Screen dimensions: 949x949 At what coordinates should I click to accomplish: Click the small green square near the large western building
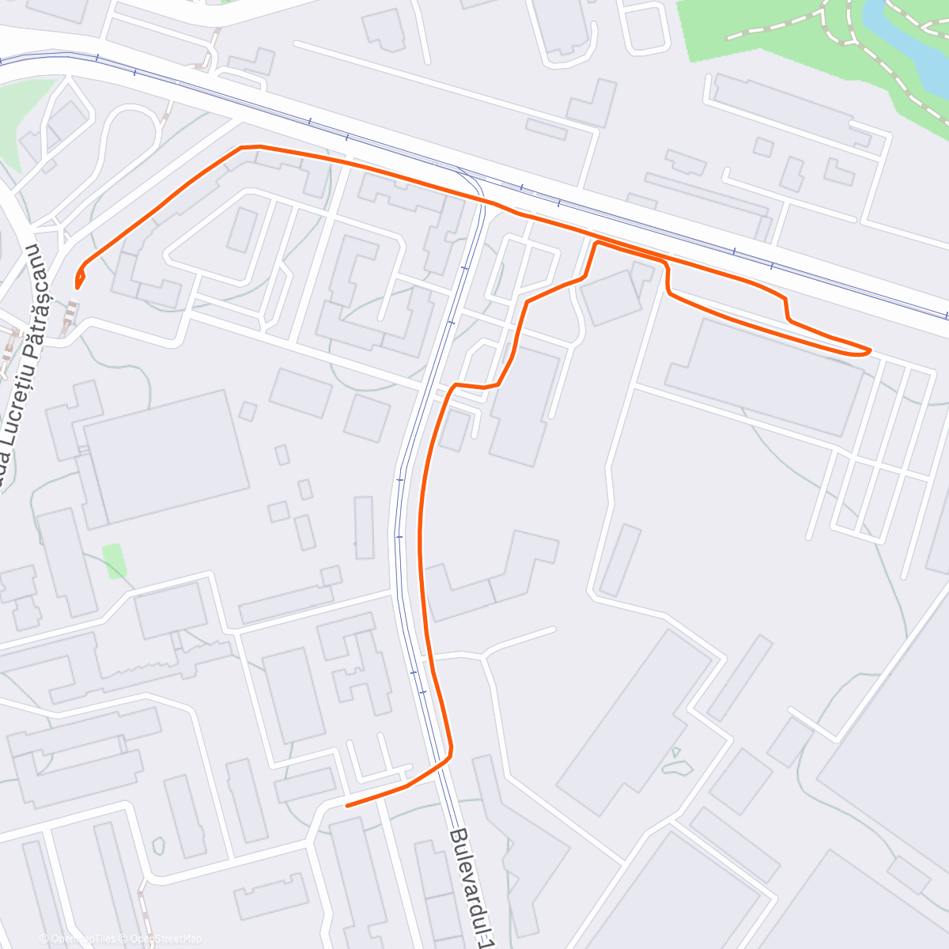[113, 560]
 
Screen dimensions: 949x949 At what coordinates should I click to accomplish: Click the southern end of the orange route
[348, 805]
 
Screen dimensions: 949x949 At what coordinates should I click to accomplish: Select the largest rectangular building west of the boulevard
[166, 457]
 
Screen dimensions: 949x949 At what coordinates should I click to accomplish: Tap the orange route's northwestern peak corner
[241, 147]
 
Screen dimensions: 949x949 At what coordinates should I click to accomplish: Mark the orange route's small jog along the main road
[786, 308]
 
